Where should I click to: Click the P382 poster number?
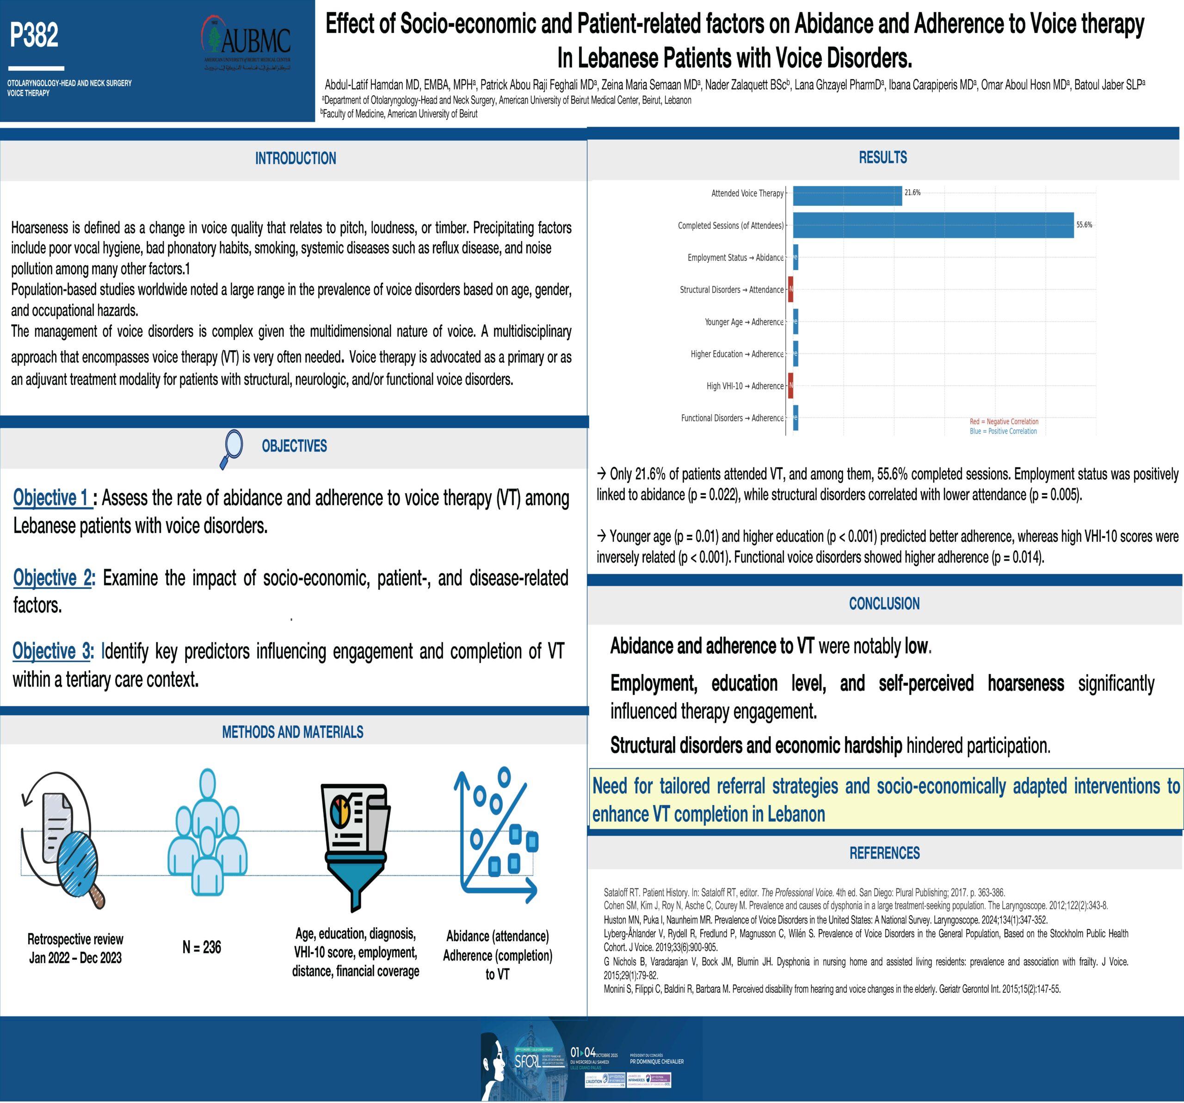(34, 35)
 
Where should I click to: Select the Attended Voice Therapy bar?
(847, 195)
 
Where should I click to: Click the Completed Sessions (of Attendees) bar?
(933, 225)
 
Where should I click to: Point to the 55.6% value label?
(1084, 225)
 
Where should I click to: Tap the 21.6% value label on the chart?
(913, 192)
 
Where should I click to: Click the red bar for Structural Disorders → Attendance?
(790, 290)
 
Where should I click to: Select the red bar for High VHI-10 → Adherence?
(790, 385)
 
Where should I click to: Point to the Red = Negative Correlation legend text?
(1004, 421)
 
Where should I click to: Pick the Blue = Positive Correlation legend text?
(1003, 431)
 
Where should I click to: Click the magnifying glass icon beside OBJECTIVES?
(231, 447)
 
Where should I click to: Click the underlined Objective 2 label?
(53, 577)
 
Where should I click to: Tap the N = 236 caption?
(201, 947)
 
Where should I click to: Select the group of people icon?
(207, 832)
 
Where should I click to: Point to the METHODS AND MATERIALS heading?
(292, 732)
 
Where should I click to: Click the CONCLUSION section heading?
(884, 604)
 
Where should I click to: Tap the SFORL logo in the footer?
(528, 1061)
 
